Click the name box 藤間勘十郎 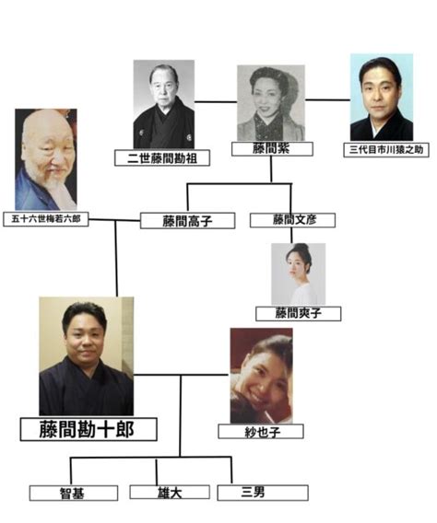tap(89, 429)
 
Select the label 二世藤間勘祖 tap(162, 157)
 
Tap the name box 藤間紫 tap(272, 149)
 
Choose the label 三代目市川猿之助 tap(386, 150)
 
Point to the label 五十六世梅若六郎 tap(46, 219)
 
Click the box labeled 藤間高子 tap(188, 221)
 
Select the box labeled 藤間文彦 tap(292, 220)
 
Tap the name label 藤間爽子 tap(298, 314)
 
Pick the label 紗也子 tap(261, 432)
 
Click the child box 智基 tap(74, 493)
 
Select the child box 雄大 tap(170, 493)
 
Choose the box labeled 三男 tap(263, 493)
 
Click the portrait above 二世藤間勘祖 tap(164, 104)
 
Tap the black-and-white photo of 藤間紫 tap(271, 103)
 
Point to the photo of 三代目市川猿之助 tap(382, 98)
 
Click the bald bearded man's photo tap(46, 159)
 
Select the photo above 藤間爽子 tap(298, 273)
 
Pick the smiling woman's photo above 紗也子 tap(262, 376)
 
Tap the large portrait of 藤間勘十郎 tap(87, 356)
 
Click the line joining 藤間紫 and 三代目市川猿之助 tap(327, 99)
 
